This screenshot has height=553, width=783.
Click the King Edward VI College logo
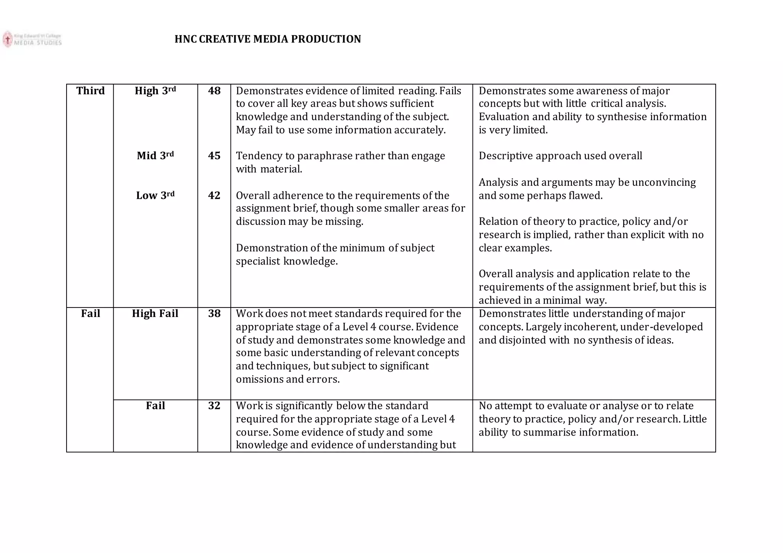(32, 39)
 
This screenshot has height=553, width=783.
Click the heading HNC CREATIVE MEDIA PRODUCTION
(268, 39)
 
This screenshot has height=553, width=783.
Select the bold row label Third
(90, 91)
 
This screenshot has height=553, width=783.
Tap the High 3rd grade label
(155, 91)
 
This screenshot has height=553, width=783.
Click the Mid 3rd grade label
(155, 156)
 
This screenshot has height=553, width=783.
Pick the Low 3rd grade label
(155, 195)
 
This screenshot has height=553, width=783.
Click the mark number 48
(214, 91)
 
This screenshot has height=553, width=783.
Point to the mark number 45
(214, 156)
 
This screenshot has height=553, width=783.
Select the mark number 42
(214, 195)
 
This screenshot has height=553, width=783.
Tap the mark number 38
(214, 314)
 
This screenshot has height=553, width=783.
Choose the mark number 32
(214, 406)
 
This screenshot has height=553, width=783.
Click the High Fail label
(155, 314)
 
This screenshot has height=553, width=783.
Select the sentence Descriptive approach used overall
(560, 156)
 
